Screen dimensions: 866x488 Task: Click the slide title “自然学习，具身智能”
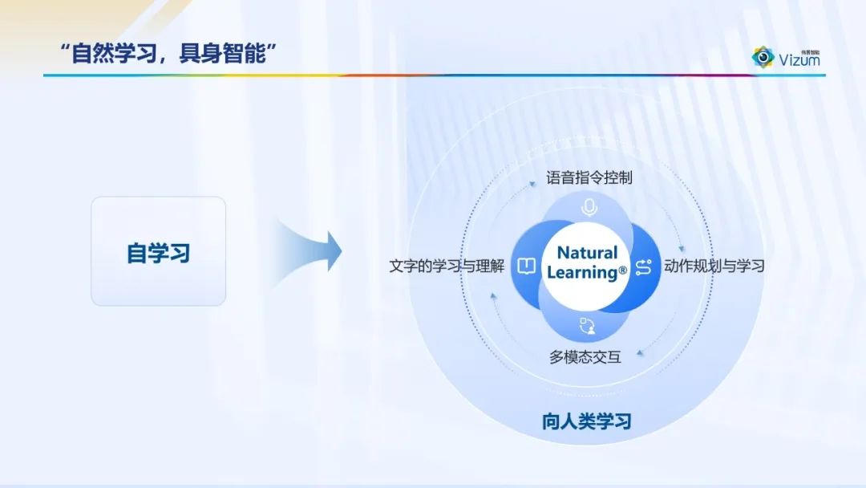point(168,54)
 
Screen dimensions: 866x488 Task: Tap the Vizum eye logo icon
point(763,57)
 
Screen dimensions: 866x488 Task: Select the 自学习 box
point(159,251)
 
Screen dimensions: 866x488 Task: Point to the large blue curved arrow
point(310,251)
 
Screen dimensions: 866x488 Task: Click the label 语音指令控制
point(589,178)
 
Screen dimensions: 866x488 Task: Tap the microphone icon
point(589,208)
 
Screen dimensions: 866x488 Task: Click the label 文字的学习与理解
point(447,266)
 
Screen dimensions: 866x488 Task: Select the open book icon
point(526,266)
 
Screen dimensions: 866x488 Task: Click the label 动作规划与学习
point(714,266)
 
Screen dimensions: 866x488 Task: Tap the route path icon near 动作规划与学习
point(644,267)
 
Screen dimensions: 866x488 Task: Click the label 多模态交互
point(585,357)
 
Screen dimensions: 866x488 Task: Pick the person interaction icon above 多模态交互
point(587,326)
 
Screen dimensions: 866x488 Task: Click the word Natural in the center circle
point(587,253)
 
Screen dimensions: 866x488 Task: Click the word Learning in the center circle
point(582,272)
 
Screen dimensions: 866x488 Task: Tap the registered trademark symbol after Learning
point(623,270)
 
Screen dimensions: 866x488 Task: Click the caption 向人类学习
point(586,421)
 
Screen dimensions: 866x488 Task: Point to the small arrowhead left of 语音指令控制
point(532,184)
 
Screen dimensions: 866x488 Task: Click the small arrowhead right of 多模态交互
point(640,353)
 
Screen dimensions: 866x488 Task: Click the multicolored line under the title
point(434,75)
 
